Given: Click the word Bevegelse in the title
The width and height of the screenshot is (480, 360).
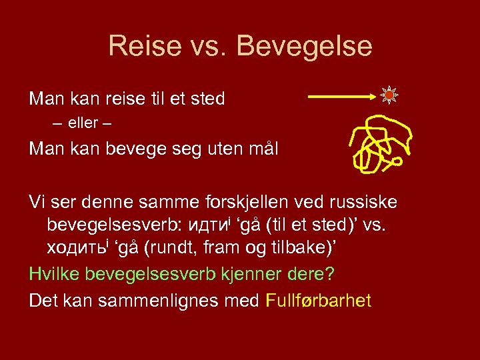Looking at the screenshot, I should (304, 46).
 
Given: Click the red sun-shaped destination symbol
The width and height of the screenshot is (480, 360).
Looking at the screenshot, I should (389, 96).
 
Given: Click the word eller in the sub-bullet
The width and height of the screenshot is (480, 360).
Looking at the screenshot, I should (82, 123).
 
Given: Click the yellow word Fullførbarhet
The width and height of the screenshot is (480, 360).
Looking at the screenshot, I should (318, 301).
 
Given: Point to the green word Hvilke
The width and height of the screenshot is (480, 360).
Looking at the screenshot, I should (57, 273).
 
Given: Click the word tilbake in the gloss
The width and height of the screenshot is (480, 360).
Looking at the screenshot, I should (296, 248).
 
